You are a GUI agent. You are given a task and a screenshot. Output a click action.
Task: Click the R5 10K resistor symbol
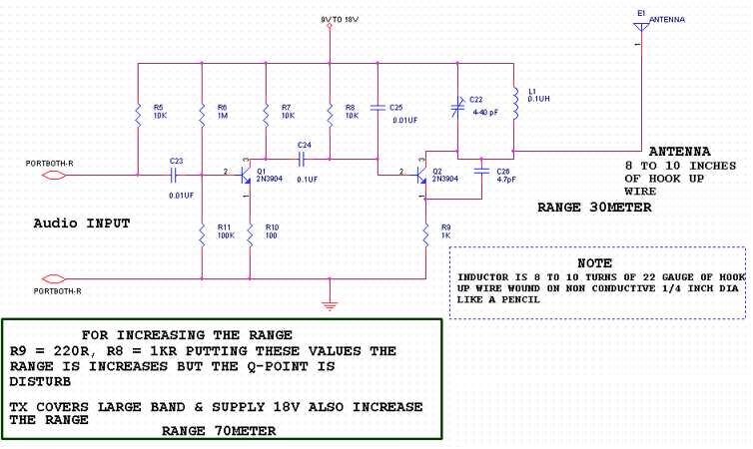[138, 114]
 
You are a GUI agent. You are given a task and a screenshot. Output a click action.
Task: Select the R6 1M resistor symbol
[202, 114]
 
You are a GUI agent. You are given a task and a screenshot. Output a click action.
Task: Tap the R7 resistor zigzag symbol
[266, 114]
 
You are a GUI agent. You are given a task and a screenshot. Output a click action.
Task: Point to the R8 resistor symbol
[330, 114]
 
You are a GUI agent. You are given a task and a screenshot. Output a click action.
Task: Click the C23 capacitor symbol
[175, 175]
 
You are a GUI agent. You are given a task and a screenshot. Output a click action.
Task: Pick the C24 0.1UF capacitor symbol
[302, 160]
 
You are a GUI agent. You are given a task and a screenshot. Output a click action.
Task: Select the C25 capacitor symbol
[377, 108]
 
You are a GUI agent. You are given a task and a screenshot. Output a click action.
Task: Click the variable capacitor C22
[457, 108]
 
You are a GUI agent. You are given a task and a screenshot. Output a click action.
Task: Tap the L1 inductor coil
[514, 103]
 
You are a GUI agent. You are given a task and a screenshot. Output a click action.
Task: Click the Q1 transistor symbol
[245, 175]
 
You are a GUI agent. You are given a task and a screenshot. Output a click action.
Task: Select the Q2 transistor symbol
[420, 175]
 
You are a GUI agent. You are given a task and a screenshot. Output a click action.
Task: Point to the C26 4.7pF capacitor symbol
[481, 171]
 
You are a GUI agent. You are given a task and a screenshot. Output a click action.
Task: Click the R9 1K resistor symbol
[425, 235]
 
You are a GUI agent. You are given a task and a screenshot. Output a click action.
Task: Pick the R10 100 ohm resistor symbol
[250, 235]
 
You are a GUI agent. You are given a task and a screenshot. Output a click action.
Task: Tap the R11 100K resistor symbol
[202, 235]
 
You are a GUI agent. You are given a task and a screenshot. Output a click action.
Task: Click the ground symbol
[330, 305]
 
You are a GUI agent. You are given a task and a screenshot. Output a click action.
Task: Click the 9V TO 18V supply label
[340, 20]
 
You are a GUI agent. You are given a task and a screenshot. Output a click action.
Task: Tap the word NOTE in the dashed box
[594, 262]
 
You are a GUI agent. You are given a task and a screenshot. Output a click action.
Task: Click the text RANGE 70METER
[219, 431]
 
